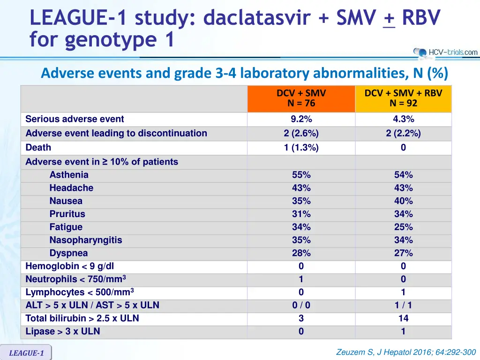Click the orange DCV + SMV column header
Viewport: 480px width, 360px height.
coord(301,98)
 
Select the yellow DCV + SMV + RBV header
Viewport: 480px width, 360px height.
coord(403,98)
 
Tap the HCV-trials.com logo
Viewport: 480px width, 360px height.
coord(445,52)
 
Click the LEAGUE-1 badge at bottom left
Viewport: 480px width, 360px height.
coord(26,353)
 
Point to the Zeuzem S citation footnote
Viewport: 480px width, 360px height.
coord(406,352)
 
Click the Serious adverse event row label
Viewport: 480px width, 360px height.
coord(75,119)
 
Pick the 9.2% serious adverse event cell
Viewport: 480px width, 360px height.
coord(301,119)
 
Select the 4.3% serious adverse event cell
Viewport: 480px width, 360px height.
coord(403,119)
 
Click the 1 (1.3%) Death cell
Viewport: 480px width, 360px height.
coord(301,148)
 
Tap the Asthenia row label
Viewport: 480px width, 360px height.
coord(69,175)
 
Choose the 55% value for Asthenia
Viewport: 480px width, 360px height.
coord(301,175)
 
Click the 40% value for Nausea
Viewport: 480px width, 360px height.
coord(403,201)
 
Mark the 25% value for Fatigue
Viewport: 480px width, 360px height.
coord(403,227)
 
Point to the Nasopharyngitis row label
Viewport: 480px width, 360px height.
coord(86,240)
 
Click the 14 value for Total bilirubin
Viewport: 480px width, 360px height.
coord(403,318)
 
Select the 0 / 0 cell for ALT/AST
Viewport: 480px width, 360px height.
coord(301,305)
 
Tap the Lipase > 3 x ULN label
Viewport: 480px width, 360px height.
coord(63,331)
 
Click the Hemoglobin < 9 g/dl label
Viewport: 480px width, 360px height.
coord(70,266)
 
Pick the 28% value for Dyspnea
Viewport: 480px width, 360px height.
coord(301,253)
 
